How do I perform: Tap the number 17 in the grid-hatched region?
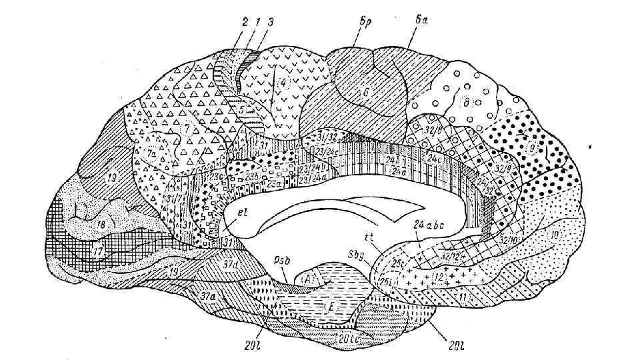tap(98, 252)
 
